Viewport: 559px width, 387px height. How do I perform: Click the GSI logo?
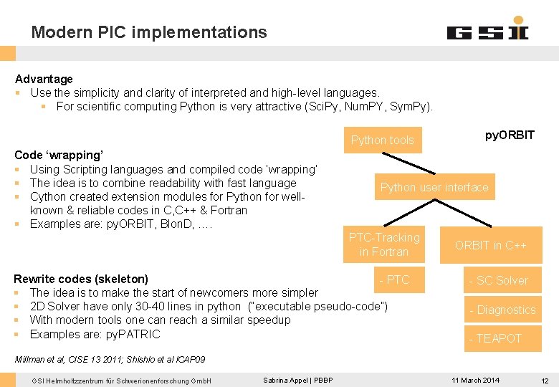click(487, 30)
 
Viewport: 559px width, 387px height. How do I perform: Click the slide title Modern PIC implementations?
click(149, 32)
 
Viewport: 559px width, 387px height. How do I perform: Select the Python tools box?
click(382, 140)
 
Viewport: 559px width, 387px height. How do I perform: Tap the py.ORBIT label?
click(510, 135)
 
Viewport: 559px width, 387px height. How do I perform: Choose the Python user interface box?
click(434, 188)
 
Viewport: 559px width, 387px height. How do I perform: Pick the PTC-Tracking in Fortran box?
click(384, 244)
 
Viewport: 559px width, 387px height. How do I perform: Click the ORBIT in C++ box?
click(491, 245)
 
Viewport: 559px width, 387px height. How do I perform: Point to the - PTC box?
click(394, 279)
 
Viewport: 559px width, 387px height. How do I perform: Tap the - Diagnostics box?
click(502, 310)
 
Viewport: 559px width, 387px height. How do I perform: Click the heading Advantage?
click(44, 79)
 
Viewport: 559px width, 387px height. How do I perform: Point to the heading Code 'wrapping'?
click(59, 155)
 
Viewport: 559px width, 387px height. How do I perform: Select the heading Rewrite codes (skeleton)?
click(81, 279)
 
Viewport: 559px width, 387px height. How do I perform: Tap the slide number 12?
click(545, 380)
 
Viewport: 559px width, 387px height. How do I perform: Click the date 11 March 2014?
click(476, 380)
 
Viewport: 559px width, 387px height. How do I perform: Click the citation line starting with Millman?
click(110, 358)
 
